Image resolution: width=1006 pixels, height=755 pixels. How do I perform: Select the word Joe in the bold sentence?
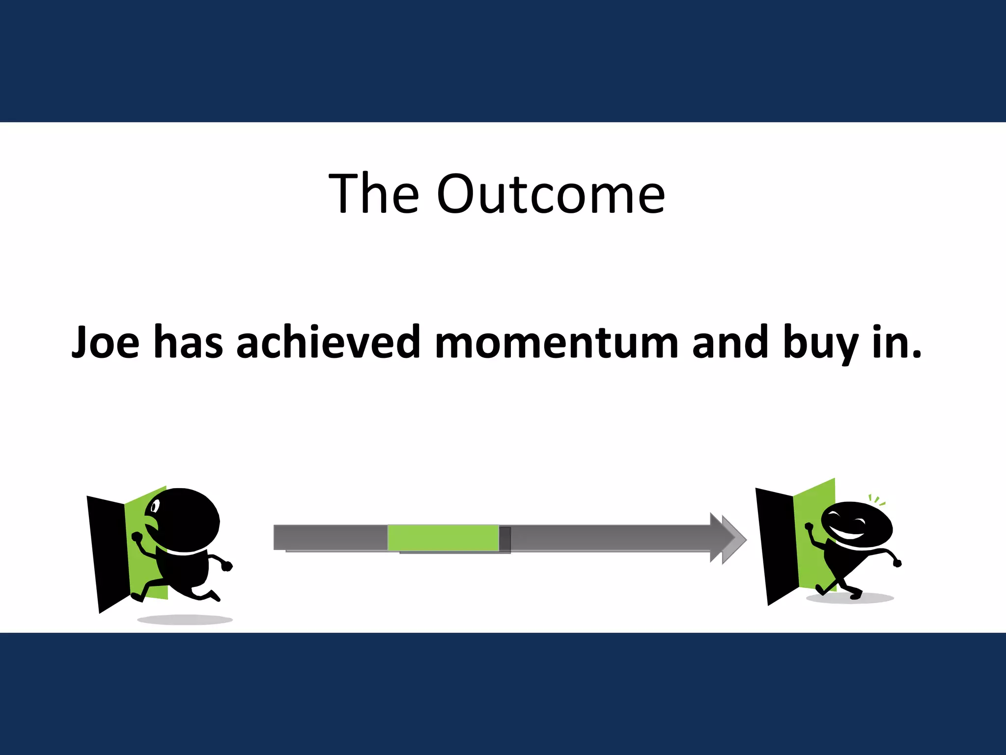(106, 342)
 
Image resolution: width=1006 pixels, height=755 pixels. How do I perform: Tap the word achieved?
(328, 342)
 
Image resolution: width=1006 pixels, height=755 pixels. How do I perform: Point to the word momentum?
(557, 342)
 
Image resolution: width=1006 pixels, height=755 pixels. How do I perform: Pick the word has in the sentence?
(188, 342)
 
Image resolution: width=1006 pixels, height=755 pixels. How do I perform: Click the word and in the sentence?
(730, 342)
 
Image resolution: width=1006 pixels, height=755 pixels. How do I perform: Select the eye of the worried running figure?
(155, 505)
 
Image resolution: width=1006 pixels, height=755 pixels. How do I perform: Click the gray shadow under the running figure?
(185, 620)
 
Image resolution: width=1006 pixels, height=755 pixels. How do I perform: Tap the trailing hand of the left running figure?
(226, 566)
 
